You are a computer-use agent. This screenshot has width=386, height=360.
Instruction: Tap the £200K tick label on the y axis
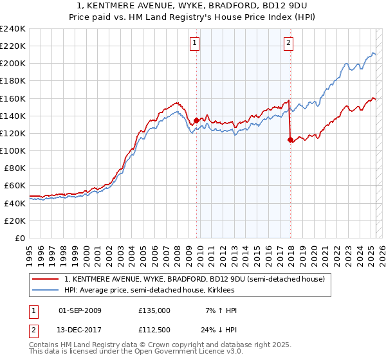click(x=12, y=64)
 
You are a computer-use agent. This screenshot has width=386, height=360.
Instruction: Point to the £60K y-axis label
click(x=14, y=185)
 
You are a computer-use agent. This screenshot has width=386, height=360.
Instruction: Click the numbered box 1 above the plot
click(x=194, y=43)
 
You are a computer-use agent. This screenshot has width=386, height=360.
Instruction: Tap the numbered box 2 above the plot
click(x=288, y=43)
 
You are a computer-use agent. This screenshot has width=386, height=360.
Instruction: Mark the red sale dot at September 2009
click(x=196, y=120)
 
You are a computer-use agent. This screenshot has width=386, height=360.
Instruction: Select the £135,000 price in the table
click(x=154, y=310)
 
